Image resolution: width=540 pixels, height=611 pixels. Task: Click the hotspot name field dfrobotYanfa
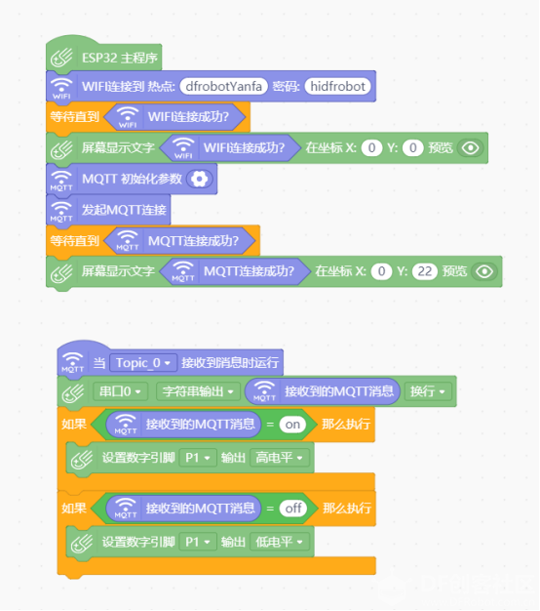tap(224, 86)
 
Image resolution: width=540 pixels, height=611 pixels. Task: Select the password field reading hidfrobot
tap(337, 86)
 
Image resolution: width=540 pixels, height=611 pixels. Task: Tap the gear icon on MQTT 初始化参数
tap(200, 179)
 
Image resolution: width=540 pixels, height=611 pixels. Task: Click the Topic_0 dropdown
tap(143, 363)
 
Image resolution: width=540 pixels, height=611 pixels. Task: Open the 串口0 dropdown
tap(120, 391)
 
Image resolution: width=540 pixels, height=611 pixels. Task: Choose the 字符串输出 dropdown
tap(198, 391)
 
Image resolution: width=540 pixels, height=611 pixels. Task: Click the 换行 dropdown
tap(428, 391)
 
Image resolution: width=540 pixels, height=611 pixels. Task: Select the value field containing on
tap(292, 424)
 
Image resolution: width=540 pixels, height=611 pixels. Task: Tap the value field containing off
tap(293, 509)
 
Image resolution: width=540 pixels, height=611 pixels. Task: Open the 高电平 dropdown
tap(280, 458)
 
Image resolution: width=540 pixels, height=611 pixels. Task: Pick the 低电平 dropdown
tap(280, 542)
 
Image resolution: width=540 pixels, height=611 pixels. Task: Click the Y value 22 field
tap(424, 271)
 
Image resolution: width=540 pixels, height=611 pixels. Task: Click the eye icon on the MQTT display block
tap(484, 271)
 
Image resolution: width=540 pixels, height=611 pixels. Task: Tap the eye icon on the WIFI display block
tap(471, 148)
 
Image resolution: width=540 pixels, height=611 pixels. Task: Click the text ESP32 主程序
tap(120, 58)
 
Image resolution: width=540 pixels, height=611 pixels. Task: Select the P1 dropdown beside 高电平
tap(198, 458)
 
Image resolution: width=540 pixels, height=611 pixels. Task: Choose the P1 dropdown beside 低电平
tap(198, 542)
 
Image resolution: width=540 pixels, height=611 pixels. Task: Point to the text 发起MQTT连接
tap(124, 210)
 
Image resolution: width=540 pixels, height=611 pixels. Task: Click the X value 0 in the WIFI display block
tap(371, 148)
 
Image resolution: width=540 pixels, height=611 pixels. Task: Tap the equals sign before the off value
tap(270, 509)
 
